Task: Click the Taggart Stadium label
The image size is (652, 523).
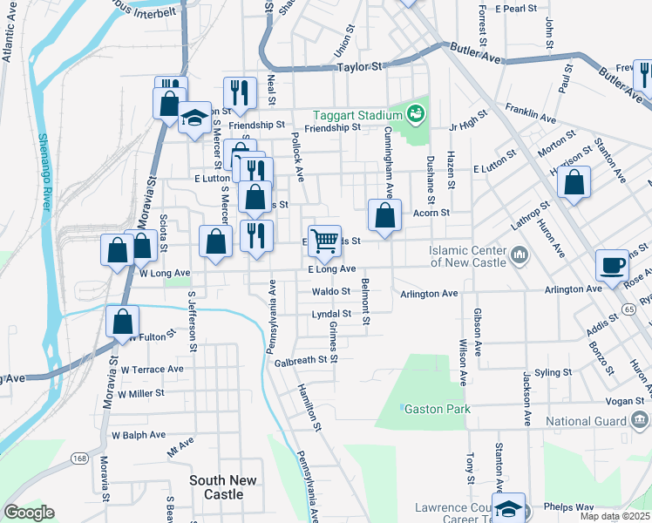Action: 357,114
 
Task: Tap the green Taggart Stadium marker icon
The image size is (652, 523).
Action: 416,114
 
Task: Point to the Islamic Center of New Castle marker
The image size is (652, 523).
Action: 520,255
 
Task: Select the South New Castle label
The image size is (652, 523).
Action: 223,487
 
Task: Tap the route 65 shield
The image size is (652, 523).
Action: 629,309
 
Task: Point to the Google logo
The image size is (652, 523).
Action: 29,513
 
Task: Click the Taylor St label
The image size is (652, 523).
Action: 360,66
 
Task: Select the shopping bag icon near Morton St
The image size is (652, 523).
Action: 574,183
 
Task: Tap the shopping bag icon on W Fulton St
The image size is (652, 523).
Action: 123,320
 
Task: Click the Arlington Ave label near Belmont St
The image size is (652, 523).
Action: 429,294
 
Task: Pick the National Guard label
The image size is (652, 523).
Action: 586,422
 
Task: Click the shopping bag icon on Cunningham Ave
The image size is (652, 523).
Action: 384,215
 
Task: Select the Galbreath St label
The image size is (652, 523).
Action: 305,361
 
